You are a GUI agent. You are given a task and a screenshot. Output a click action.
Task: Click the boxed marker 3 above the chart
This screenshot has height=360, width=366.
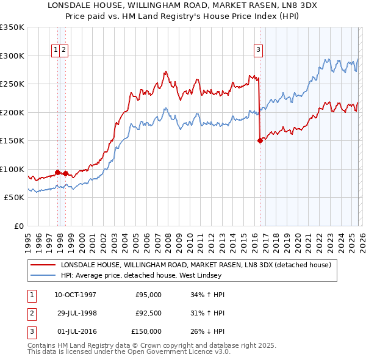point(258,50)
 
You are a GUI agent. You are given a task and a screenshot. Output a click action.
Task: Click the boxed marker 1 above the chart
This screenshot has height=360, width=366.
point(56,50)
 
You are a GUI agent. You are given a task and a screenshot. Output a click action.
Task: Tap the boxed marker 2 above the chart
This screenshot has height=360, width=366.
point(63,50)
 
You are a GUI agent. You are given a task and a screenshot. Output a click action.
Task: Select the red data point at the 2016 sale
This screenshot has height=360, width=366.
point(260,140)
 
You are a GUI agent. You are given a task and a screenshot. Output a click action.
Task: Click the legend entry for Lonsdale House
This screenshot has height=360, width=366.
point(195,265)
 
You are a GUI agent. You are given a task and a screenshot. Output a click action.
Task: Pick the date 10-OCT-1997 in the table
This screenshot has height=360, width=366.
point(75,295)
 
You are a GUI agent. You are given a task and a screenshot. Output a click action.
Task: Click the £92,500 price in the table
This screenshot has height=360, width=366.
point(148,313)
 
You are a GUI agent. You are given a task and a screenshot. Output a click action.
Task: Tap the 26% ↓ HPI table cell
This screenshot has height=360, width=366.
point(207,331)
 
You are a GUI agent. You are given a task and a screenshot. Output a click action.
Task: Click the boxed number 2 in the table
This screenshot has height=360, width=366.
point(31,313)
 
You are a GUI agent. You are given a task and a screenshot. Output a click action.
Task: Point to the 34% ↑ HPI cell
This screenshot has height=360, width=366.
point(207,295)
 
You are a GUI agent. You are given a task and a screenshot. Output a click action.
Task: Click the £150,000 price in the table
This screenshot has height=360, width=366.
point(147,331)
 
